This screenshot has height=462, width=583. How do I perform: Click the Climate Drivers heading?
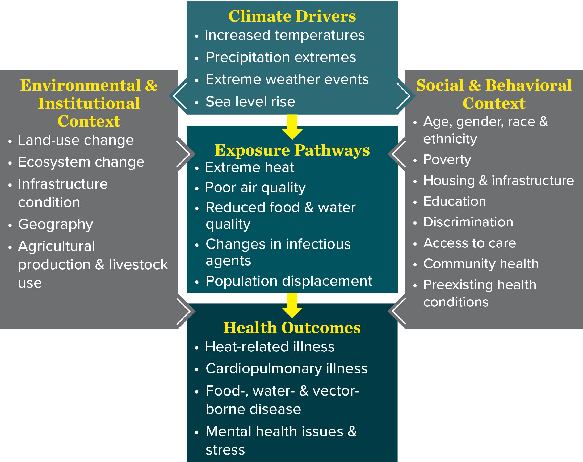[292, 16]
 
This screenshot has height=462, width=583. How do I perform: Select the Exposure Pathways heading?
[292, 150]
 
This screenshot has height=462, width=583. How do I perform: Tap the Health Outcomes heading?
[292, 328]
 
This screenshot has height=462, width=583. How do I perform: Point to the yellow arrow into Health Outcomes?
[292, 306]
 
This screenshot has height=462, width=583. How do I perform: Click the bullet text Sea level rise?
[250, 102]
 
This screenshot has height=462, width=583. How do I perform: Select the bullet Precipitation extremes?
[281, 57]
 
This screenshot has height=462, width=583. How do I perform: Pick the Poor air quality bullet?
[255, 188]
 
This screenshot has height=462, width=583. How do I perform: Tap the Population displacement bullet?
[289, 281]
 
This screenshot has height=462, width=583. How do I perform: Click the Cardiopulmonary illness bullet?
[287, 369]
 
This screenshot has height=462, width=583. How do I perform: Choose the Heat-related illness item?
[270, 347]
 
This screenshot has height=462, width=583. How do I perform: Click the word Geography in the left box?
[56, 224]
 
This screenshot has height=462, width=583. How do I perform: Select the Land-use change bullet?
[76, 140]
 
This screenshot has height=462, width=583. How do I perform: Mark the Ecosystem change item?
[81, 162]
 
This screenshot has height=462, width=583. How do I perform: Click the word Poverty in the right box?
[447, 159]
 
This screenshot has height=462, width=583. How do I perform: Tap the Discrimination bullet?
[468, 222]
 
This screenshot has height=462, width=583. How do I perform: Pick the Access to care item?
[469, 243]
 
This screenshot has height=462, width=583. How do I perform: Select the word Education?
[455, 201]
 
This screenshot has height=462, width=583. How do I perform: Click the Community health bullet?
[481, 264]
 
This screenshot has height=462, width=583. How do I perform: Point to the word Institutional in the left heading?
[89, 103]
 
